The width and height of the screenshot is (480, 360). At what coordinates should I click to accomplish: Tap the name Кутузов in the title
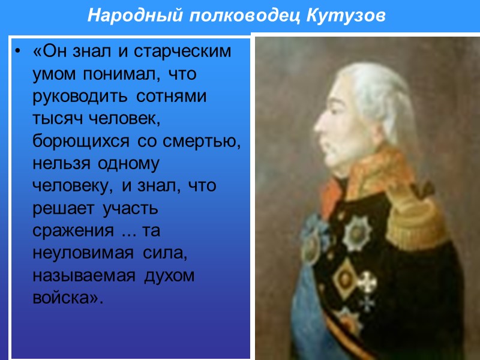(346, 14)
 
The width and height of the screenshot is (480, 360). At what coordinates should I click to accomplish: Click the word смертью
(193, 142)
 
